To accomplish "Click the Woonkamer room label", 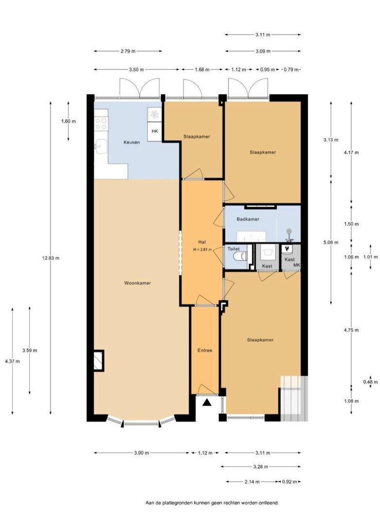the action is [x=137, y=283].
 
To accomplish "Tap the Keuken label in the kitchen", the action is [x=132, y=142].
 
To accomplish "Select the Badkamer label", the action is [x=248, y=219].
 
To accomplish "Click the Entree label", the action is [x=205, y=351].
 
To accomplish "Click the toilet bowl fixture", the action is [x=241, y=257].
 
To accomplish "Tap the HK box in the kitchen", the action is [x=155, y=131].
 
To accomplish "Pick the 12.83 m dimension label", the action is [x=51, y=258].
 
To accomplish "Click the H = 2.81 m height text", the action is [x=202, y=249].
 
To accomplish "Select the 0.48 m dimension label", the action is [x=370, y=382].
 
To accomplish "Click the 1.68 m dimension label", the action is [x=202, y=69].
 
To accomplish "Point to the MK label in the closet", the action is [x=297, y=265].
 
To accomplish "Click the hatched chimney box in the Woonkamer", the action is [x=99, y=360].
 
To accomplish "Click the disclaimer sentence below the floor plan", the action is [x=212, y=502].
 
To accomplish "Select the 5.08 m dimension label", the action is [x=331, y=243].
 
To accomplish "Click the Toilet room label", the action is [x=233, y=249].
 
